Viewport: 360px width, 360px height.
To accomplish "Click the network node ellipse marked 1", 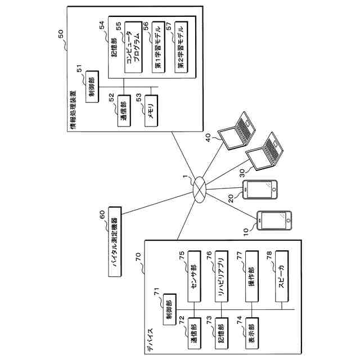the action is click(200, 190).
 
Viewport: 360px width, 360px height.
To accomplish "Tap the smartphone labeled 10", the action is click(274, 220).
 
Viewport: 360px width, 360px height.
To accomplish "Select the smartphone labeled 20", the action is click(260, 190).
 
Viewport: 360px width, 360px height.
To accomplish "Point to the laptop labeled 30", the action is click(265, 151).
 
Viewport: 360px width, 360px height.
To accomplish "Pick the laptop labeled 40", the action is click(237, 130).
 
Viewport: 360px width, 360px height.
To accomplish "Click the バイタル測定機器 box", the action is click(115, 241).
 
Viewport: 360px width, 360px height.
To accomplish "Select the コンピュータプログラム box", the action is click(133, 47).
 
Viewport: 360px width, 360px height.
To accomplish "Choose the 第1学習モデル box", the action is click(159, 47).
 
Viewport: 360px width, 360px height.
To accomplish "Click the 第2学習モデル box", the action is click(181, 47).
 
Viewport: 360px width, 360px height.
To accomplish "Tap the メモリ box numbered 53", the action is click(151, 111).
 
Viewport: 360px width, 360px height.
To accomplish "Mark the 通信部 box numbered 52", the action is click(124, 111).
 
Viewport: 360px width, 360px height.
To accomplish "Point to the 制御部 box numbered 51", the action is click(92, 87).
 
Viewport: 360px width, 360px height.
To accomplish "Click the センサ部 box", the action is click(194, 276).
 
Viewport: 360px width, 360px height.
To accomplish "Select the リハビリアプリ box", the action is click(222, 276).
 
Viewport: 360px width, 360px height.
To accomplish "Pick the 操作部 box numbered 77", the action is click(252, 276).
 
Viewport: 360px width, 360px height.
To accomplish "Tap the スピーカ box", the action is click(282, 276).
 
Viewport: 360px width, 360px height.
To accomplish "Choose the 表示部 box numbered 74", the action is click(252, 334).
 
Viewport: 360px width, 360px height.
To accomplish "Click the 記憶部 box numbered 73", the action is click(222, 334).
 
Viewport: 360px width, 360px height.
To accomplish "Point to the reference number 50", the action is click(61, 34).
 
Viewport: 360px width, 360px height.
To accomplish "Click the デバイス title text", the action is click(150, 340).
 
